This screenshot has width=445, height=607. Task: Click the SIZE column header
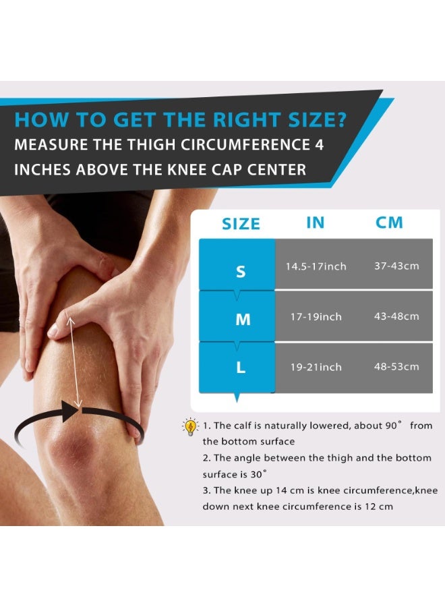pyautogui.click(x=241, y=223)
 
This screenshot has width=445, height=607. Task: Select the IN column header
pyautogui.click(x=315, y=223)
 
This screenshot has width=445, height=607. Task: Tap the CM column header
pyautogui.click(x=389, y=223)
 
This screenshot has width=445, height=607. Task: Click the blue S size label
pyautogui.click(x=241, y=272)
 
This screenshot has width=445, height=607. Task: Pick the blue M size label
pyautogui.click(x=243, y=320)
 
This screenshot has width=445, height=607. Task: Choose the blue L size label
pyautogui.click(x=241, y=368)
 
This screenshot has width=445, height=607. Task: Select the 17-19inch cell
pyautogui.click(x=316, y=316)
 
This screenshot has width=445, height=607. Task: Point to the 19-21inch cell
pyautogui.click(x=316, y=367)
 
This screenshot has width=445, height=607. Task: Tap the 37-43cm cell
pyautogui.click(x=396, y=266)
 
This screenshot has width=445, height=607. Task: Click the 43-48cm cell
pyautogui.click(x=396, y=316)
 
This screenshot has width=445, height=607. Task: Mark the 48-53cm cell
pyautogui.click(x=396, y=366)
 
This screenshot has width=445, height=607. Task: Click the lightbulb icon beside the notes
pyautogui.click(x=191, y=426)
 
